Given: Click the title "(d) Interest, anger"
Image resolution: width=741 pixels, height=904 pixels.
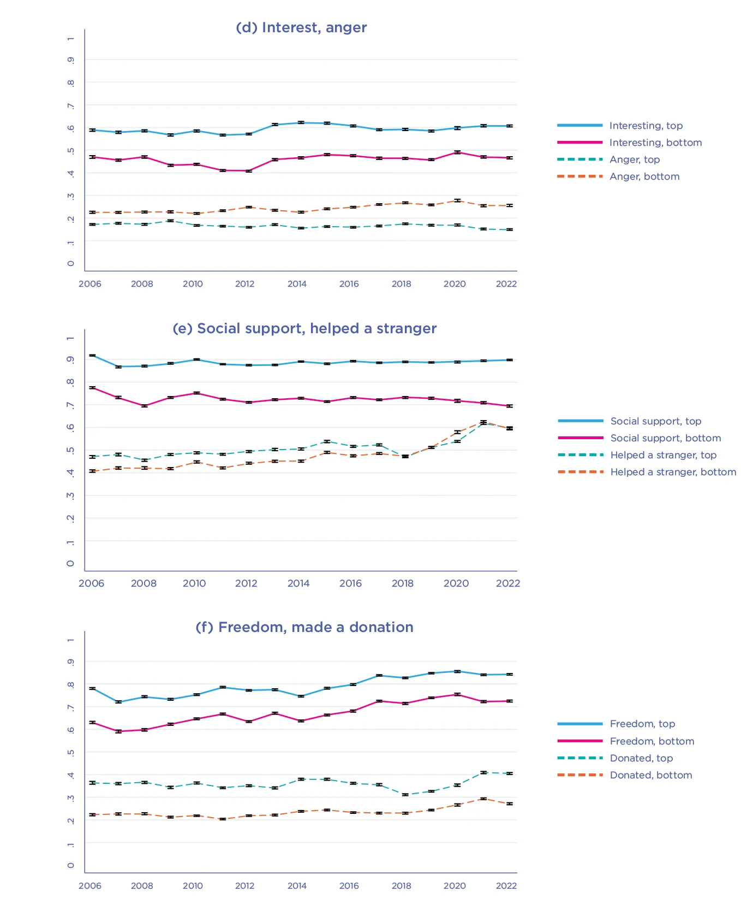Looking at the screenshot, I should point(301,27).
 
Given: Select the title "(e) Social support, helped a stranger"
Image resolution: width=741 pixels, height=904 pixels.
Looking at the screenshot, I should point(304,328).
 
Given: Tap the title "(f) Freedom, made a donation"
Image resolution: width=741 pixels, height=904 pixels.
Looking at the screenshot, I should point(304,627).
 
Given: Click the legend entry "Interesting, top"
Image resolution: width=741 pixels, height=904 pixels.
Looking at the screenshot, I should point(646,126).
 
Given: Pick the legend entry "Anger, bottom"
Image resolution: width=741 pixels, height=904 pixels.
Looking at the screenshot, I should point(644,176).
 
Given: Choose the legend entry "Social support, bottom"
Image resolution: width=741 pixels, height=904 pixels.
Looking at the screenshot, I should point(665,438).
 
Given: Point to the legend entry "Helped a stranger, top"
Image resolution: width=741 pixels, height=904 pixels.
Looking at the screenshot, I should point(663,455).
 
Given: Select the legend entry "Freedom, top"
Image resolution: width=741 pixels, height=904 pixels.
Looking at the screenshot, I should point(642,724).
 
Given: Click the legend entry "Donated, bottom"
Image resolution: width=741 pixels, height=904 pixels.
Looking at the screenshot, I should point(650,775).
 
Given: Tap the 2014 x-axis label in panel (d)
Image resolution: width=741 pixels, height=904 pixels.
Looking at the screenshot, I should point(297,284).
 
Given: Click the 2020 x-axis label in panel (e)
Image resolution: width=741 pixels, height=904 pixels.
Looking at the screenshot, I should point(456,583).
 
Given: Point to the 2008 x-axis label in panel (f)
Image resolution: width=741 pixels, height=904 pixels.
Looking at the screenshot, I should point(142,886).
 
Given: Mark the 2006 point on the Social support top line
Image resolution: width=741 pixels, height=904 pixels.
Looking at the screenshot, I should point(93,356).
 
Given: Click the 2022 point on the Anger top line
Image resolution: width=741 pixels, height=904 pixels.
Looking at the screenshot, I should point(509,229).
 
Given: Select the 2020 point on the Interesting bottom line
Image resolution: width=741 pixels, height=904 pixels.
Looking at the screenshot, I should point(457,152).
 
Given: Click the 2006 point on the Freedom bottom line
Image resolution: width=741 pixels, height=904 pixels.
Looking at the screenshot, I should point(93,723).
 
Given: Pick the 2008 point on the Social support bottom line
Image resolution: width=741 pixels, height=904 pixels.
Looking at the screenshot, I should point(145,406).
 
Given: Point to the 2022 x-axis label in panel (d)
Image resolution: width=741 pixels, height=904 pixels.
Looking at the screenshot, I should point(506,284).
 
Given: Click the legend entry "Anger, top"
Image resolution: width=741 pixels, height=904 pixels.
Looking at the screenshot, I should point(634,159).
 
